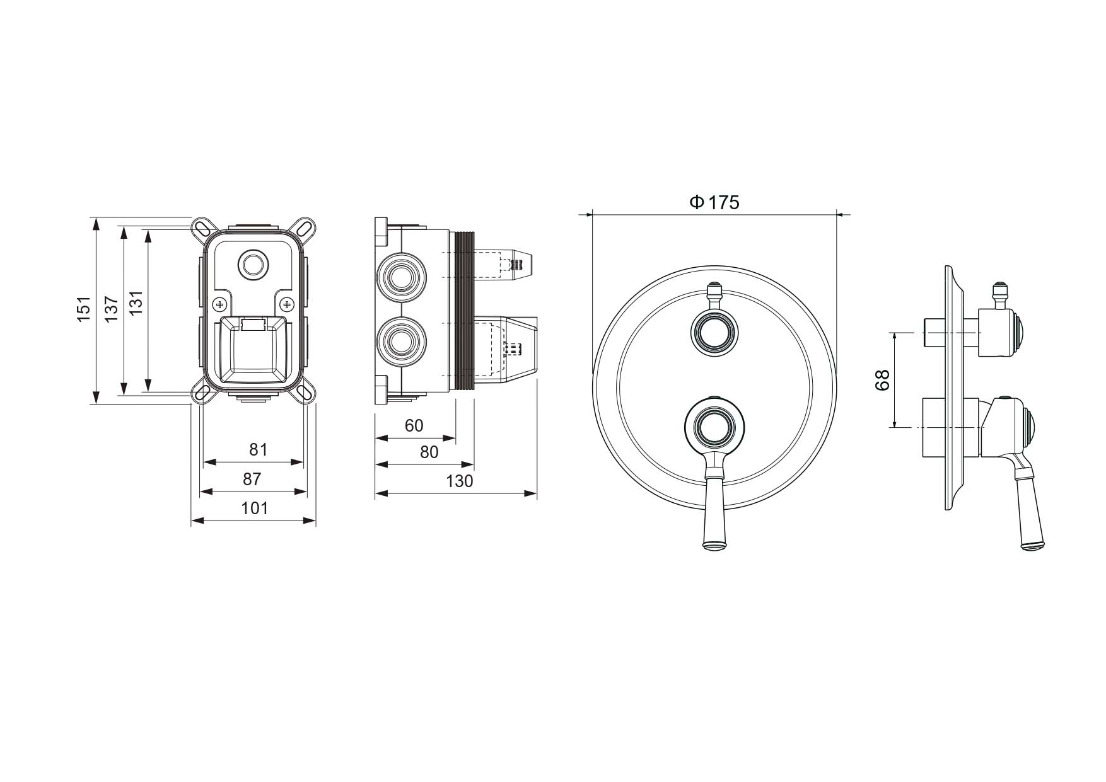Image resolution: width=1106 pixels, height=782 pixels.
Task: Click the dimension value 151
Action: point(84,309)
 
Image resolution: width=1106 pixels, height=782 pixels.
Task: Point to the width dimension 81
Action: point(259,449)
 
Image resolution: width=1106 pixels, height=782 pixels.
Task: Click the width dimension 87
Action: point(252,479)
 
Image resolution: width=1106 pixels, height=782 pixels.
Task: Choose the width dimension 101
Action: point(255,508)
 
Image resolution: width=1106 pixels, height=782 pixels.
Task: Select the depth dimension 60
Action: point(414,425)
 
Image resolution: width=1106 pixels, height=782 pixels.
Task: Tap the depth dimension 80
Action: point(429,452)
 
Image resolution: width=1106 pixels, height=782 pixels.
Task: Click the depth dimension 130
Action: point(459,481)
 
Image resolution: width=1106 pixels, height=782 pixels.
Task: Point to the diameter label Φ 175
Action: point(714,202)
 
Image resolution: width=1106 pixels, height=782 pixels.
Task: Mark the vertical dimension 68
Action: point(882,380)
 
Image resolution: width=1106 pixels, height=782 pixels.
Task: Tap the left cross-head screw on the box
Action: point(220,304)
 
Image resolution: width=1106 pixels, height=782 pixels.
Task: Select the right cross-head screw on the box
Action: point(288,304)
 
